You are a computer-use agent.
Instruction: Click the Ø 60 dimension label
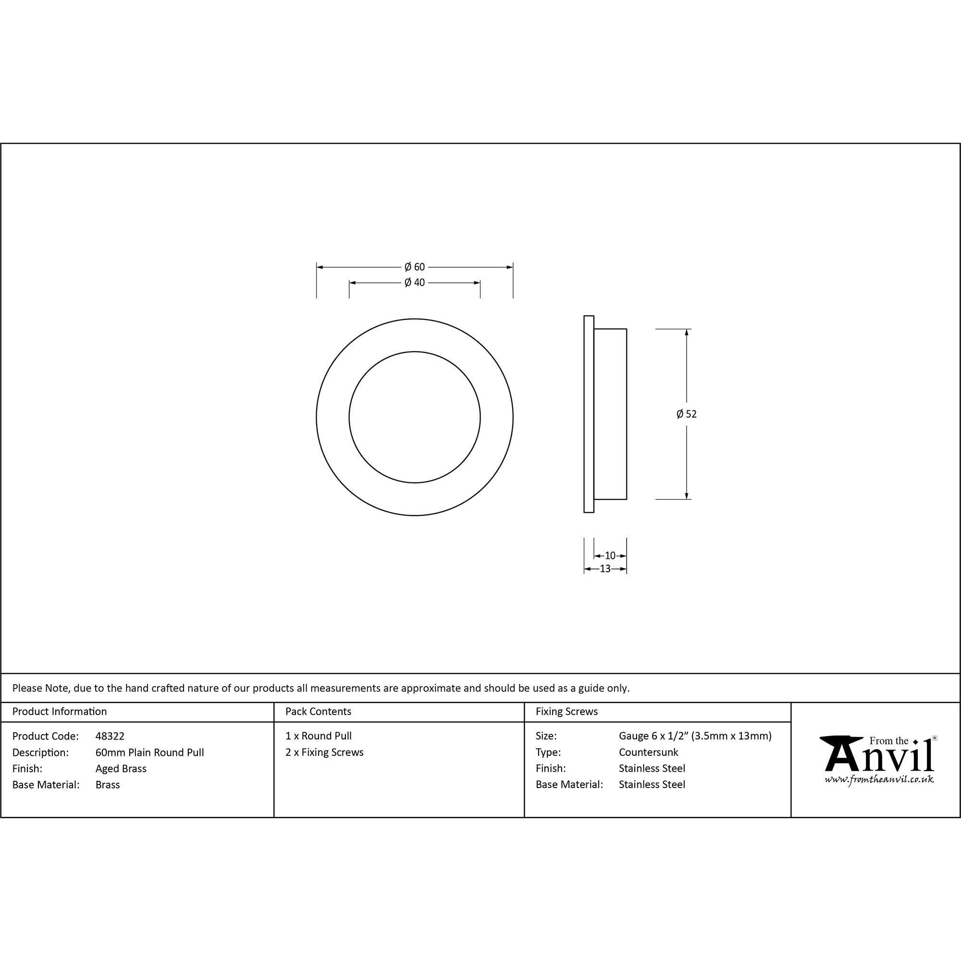[x=414, y=267]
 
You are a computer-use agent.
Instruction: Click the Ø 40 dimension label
[x=414, y=283]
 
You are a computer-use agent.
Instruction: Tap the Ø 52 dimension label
[x=687, y=414]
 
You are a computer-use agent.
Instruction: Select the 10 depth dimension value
[x=610, y=555]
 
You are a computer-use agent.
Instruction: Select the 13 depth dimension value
[x=605, y=569]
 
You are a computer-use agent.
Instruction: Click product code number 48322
[x=110, y=736]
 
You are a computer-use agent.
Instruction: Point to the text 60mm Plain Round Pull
[x=150, y=752]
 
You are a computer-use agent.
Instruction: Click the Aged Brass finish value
[x=121, y=768]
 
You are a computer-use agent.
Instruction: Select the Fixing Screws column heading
[x=567, y=711]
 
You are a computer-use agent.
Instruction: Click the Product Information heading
[x=59, y=711]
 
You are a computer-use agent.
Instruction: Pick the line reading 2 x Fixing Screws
[x=324, y=752]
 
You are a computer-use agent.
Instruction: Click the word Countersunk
[x=648, y=752]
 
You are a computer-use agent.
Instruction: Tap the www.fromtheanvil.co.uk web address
[x=879, y=779]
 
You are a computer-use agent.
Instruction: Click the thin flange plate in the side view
[x=589, y=414]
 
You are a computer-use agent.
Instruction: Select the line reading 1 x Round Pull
[x=319, y=736]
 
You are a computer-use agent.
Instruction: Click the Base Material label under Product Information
[x=46, y=785]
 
